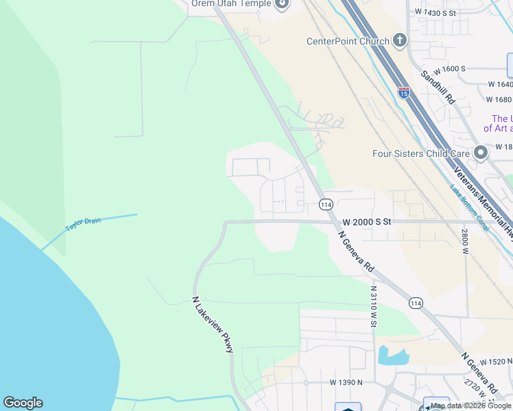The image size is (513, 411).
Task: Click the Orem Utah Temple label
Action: coord(231,3)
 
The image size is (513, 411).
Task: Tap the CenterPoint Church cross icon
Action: coord(400,41)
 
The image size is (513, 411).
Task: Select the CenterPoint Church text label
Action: coord(348,41)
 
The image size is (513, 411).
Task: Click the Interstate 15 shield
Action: coord(404,92)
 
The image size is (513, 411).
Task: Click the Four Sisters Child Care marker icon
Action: coord(481,151)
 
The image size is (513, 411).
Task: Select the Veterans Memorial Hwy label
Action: coord(479,199)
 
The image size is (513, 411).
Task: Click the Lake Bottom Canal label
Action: coord(470,206)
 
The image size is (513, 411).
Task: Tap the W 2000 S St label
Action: coord(366,222)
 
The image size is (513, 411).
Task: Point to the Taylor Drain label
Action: coord(83,224)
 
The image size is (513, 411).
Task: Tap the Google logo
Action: coord(23,403)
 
